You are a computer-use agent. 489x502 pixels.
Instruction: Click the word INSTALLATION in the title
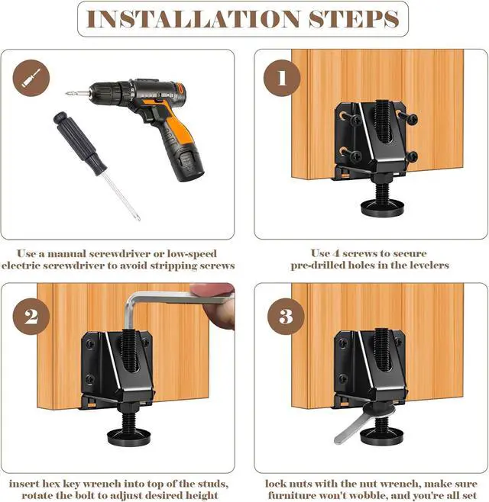193,19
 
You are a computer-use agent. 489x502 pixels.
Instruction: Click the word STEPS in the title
354,19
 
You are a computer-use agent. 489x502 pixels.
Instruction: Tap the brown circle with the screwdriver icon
31,78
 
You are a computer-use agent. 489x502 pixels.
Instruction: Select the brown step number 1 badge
282,78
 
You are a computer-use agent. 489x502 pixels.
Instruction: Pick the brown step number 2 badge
31,317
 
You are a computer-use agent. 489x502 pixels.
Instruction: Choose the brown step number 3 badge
286,317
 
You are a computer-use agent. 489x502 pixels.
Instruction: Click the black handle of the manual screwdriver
79,143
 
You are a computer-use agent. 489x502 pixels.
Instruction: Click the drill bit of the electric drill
76,94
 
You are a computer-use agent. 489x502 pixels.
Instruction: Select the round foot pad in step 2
128,437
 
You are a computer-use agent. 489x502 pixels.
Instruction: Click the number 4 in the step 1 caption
336,253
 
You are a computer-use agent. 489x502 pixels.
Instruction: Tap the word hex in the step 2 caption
48,484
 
